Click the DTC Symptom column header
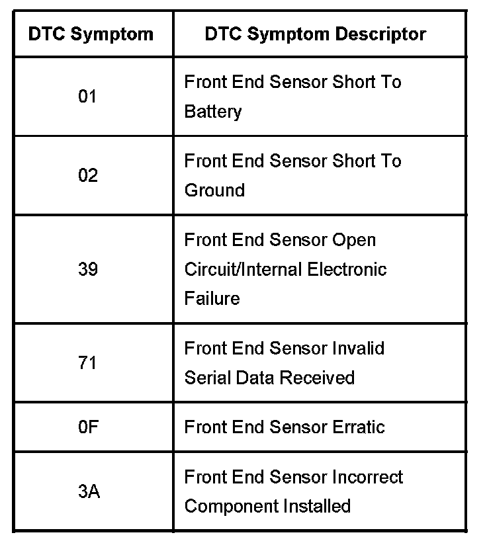91,34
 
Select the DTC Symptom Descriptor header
316,34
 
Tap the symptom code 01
87,97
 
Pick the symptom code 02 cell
87,176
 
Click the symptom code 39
87,270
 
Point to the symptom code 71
87,363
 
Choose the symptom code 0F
87,427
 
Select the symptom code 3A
87,492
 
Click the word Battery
213,112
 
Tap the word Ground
214,190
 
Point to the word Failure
212,299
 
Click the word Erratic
360,427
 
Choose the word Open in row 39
355,240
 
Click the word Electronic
354,270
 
